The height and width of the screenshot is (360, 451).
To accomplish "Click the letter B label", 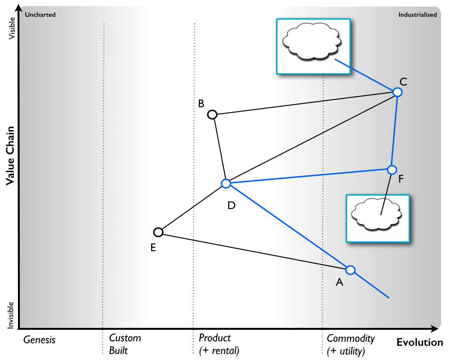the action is (x=201, y=104).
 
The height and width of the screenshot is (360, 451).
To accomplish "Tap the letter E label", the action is (x=153, y=247).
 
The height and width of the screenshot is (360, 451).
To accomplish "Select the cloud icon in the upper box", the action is (x=312, y=42).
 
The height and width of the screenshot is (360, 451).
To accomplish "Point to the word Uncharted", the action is (x=40, y=15).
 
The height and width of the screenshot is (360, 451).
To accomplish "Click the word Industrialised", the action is (x=417, y=15).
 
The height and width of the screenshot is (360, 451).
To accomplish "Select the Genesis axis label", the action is (x=39, y=340).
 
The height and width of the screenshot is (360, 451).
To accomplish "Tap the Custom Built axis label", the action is (x=125, y=344).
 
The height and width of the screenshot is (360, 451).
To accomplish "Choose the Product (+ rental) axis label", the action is (x=219, y=344).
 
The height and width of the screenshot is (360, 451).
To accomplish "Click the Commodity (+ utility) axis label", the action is (x=351, y=344).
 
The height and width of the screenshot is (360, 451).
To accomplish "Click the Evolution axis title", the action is (x=420, y=342).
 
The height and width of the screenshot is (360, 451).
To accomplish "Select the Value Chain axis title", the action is (x=10, y=156).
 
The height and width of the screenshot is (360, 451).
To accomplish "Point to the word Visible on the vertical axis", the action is (x=12, y=28).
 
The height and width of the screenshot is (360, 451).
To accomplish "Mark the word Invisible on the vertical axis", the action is (x=10, y=315).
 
